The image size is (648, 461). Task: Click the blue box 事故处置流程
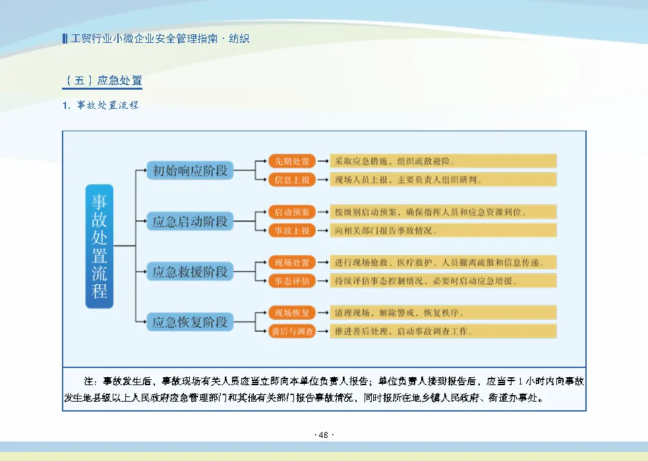[100, 246]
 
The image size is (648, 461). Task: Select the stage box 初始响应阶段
[190, 171]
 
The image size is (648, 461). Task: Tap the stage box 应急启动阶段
[190, 222]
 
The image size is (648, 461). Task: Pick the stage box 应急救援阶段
[190, 272]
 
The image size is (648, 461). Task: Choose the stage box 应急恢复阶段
[190, 323]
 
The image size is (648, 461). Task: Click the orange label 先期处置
[292, 161]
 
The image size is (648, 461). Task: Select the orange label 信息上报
[292, 179]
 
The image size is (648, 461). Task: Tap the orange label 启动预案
[292, 212]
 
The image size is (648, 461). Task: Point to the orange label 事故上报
[292, 230]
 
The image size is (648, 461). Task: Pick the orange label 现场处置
[292, 262]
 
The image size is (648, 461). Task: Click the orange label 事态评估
[292, 281]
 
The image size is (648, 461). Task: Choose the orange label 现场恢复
[292, 313]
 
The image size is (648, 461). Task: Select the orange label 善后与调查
[292, 331]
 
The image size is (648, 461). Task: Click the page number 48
[324, 435]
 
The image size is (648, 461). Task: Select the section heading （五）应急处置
[103, 81]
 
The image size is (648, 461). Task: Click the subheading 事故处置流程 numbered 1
[102, 106]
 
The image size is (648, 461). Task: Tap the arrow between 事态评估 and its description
[323, 281]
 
